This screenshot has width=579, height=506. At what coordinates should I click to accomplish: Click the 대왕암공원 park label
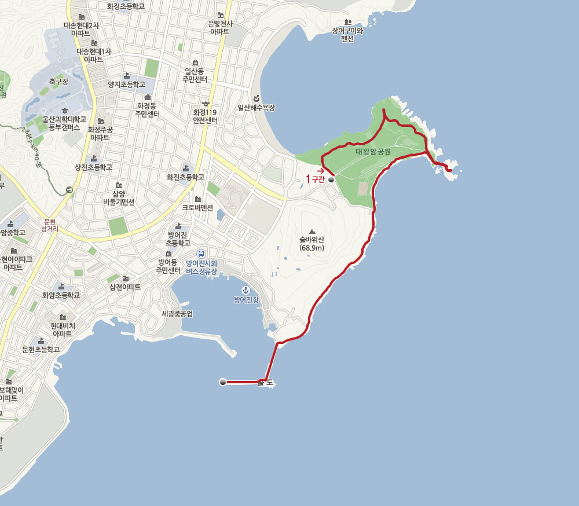(x=373, y=152)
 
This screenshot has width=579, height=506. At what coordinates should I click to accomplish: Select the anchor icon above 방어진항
(x=244, y=289)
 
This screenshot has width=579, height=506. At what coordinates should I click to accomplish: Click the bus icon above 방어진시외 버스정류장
(x=200, y=254)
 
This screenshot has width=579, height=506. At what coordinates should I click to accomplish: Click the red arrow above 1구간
(x=320, y=171)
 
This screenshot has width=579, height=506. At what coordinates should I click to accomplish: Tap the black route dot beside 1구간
(x=331, y=180)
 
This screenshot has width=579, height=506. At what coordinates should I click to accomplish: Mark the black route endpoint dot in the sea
(x=222, y=382)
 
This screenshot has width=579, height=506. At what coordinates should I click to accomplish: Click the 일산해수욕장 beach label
(x=256, y=108)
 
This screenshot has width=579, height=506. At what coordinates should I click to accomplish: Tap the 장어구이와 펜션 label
(x=347, y=34)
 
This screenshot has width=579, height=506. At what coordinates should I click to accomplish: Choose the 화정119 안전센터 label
(x=206, y=116)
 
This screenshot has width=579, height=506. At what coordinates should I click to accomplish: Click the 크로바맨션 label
(x=197, y=207)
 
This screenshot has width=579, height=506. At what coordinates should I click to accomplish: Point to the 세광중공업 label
(x=177, y=314)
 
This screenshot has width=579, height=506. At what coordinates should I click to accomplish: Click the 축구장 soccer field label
(x=58, y=82)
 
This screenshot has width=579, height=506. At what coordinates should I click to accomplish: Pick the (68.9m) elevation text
(x=312, y=248)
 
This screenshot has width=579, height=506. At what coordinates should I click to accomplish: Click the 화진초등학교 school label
(x=185, y=177)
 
